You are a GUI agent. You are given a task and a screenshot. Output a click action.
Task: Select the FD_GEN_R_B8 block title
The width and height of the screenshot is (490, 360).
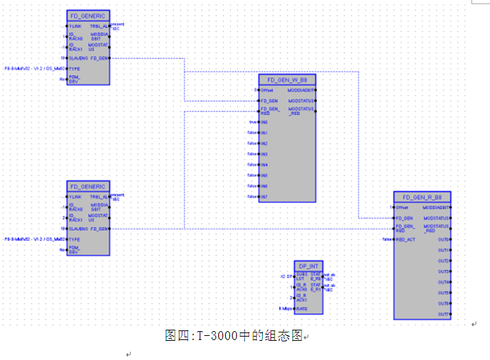pyautogui.click(x=423, y=196)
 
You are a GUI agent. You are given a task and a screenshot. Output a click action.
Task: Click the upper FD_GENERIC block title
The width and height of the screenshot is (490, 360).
pyautogui.click(x=88, y=14)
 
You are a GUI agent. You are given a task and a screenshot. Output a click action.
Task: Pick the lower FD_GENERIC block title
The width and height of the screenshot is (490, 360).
pyautogui.click(x=88, y=186)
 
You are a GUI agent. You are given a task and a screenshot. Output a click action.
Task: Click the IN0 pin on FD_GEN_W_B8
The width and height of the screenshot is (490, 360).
pyautogui.click(x=264, y=122)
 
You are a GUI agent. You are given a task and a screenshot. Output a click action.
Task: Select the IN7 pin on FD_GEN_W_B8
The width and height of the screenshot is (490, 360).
pyautogui.click(x=264, y=197)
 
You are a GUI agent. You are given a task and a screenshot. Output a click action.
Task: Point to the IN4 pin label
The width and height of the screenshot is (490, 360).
pyautogui.click(x=265, y=165)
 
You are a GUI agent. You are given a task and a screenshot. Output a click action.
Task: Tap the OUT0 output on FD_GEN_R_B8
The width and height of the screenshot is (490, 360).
pyautogui.click(x=444, y=240)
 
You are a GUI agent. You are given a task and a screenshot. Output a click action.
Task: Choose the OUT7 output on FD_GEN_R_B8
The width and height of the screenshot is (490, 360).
pyautogui.click(x=444, y=314)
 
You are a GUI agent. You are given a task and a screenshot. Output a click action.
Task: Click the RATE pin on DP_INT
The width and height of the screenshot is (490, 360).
pyautogui.click(x=301, y=309)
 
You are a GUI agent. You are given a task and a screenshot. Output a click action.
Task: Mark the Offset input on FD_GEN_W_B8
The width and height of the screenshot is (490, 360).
pyautogui.click(x=267, y=90)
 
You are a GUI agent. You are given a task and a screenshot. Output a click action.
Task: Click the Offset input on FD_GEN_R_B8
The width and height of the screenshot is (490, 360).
pyautogui.click(x=402, y=207)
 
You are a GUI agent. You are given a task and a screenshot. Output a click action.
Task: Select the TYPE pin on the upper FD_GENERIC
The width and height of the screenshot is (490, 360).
pyautogui.click(x=74, y=69)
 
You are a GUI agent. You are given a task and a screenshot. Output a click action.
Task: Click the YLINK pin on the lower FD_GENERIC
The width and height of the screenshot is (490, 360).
pyautogui.click(x=75, y=197)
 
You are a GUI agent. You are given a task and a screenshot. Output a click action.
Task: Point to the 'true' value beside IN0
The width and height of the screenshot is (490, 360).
pyautogui.click(x=252, y=122)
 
